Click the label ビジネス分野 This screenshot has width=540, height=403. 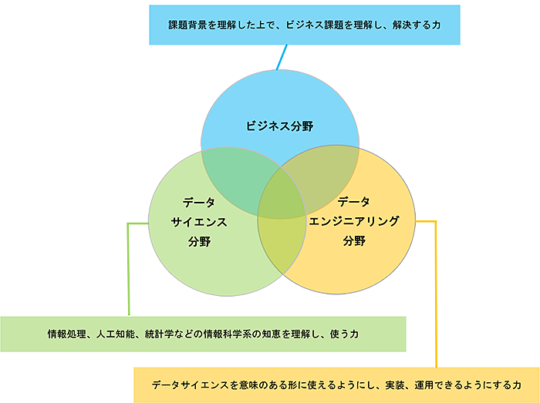click(x=280, y=126)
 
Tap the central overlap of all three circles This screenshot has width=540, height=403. click(x=278, y=196)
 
